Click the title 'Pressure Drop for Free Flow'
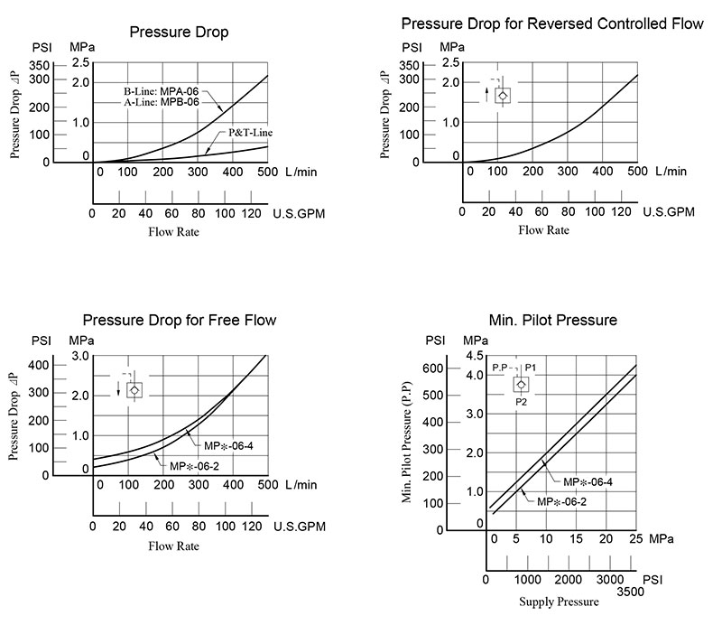(179, 320)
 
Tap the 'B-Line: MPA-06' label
(161, 91)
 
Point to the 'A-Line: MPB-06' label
(161, 102)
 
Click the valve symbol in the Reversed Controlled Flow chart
(503, 95)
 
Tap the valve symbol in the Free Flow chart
(134, 390)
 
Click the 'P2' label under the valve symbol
(521, 401)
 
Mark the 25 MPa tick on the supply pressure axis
(635, 539)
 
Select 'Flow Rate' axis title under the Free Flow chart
(173, 546)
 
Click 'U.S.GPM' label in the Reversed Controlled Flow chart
(668, 212)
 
